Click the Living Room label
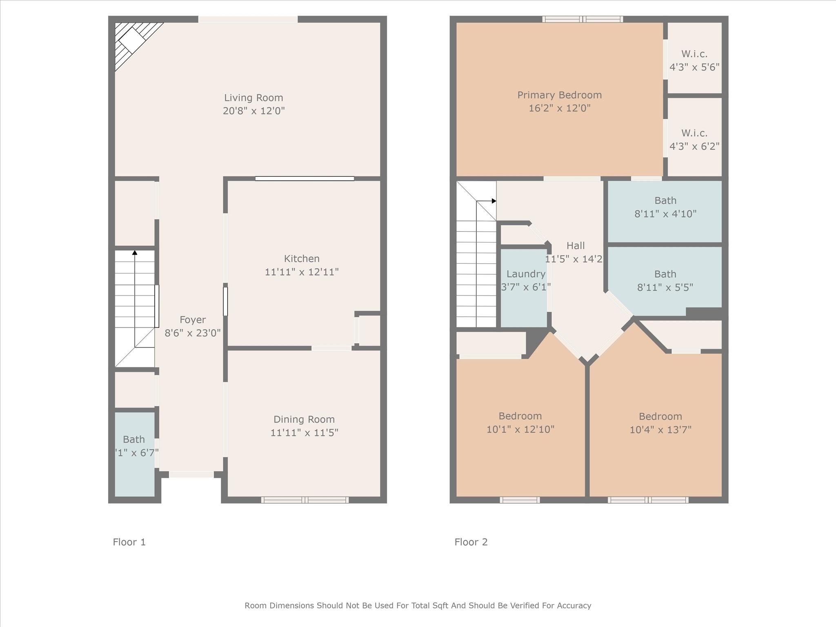[x=253, y=98]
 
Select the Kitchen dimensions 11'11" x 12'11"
[x=302, y=272]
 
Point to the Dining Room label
[x=304, y=419]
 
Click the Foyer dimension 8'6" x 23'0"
[x=192, y=333]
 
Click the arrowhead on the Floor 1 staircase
[x=135, y=253]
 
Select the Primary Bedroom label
[x=559, y=95]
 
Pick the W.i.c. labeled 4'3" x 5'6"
[x=694, y=60]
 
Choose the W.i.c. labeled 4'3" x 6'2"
[x=694, y=140]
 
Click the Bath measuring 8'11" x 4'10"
[x=665, y=207]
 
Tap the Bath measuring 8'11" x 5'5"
[x=665, y=280]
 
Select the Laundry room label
[x=526, y=274]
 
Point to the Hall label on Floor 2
[x=576, y=246]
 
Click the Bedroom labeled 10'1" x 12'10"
[x=520, y=422]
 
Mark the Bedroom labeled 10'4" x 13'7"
[x=660, y=423]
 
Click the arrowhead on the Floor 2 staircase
[x=494, y=201]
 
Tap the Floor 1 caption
[x=129, y=542]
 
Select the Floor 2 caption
[x=471, y=542]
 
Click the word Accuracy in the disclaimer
[x=574, y=606]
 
